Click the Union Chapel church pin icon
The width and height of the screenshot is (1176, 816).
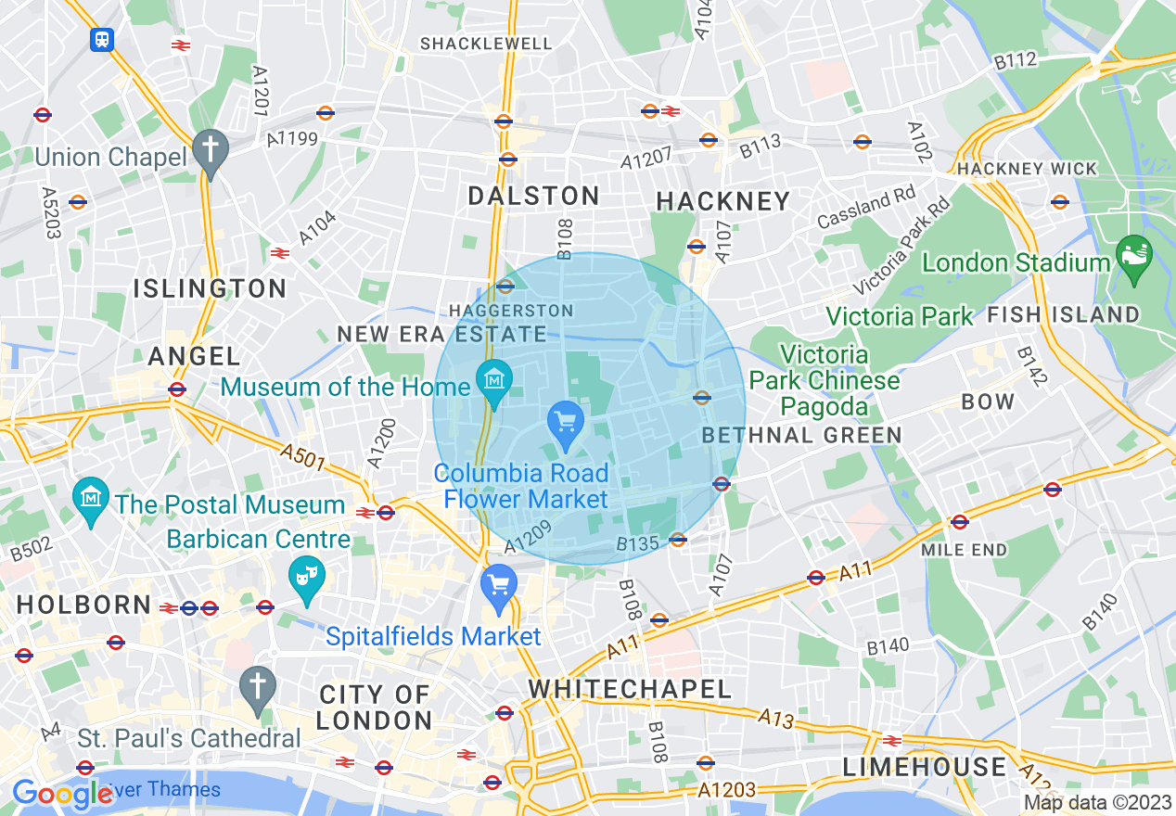211,151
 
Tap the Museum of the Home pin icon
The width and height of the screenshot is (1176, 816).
495,381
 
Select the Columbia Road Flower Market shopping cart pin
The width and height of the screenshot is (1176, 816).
565,423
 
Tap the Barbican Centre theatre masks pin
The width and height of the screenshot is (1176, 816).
304,579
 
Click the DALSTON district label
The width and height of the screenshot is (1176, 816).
533,197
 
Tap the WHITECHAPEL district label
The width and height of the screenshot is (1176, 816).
630,689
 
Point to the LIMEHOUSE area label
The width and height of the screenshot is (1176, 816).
924,767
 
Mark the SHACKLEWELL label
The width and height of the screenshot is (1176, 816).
486,44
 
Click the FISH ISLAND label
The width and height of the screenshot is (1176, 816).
1063,314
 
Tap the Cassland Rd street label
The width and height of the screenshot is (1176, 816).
865,209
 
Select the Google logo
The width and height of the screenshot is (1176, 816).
62,793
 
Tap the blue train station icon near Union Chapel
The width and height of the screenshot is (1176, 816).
101,39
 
